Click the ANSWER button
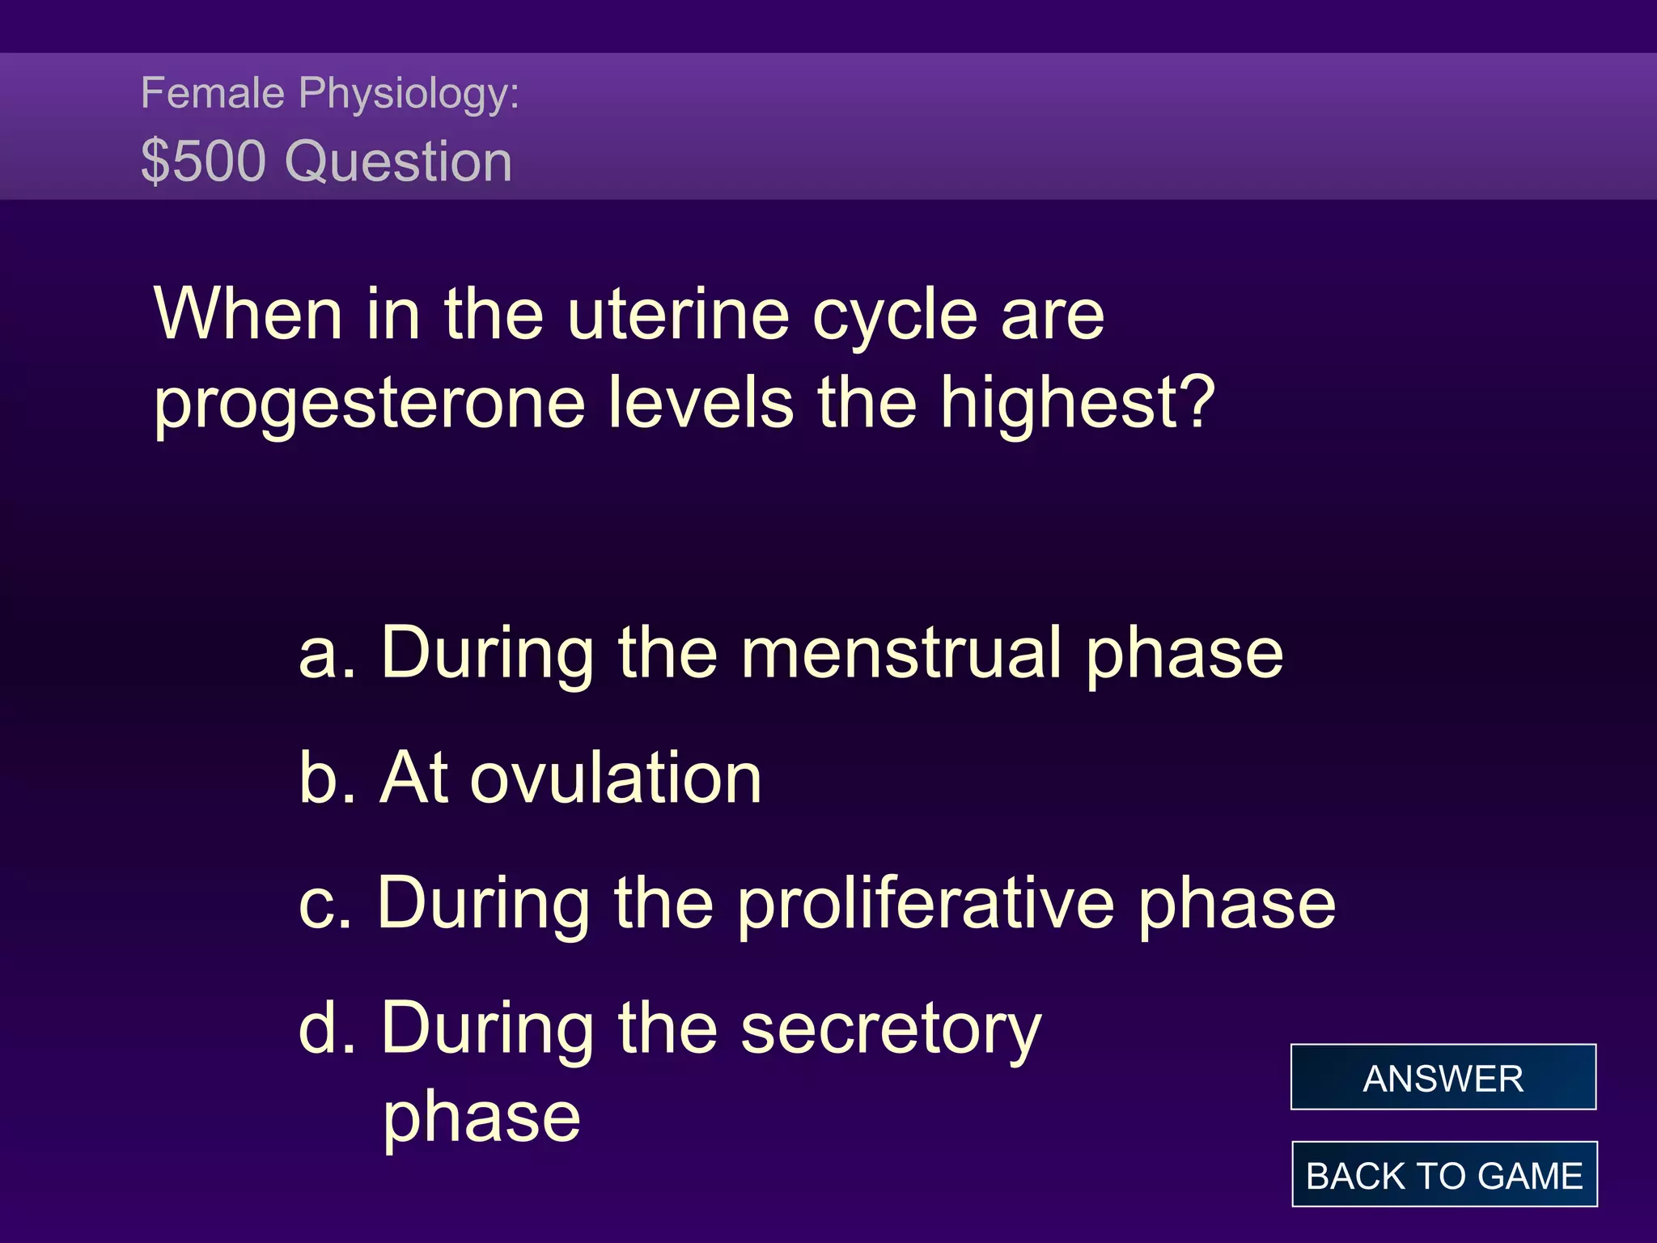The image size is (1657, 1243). tap(1443, 1077)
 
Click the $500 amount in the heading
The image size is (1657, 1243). tap(203, 161)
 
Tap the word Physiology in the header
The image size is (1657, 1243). tap(409, 94)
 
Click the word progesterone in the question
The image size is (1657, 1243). tap(369, 404)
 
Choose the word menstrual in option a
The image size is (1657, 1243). tap(901, 653)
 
